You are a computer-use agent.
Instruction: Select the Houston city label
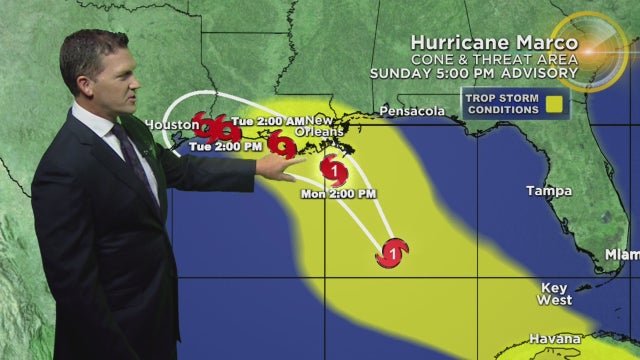(x=166, y=124)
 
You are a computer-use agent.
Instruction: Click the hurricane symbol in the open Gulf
(x=392, y=254)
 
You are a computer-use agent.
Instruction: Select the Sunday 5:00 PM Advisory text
(x=472, y=74)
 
